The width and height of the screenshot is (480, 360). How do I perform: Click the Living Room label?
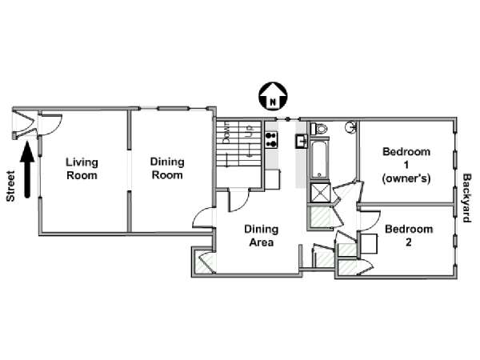point(82,169)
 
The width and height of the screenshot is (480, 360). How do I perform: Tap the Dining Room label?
point(167,168)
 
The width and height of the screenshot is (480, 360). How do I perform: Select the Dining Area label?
point(261,236)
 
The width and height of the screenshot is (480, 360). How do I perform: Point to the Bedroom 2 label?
point(409,235)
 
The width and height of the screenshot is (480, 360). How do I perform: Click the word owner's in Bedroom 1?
point(406,178)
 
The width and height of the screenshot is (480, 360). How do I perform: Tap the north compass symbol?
point(273,96)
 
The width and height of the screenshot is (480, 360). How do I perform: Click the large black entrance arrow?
point(27,170)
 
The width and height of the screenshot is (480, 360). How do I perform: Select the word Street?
point(10,186)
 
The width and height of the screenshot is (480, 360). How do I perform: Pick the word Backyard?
point(466,198)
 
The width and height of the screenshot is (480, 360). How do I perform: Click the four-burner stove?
point(271,139)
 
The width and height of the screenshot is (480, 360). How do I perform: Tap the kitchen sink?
point(302,141)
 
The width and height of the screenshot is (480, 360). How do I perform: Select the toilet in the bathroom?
point(318,128)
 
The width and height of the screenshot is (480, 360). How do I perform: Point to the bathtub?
point(320,159)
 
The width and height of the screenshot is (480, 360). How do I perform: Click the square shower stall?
point(320,193)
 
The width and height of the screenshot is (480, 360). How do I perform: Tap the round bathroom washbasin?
point(351,126)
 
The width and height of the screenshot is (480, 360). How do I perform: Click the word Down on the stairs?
point(227,132)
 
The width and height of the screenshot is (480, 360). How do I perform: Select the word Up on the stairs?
point(249,130)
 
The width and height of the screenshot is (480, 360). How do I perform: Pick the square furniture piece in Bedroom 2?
point(369,244)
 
